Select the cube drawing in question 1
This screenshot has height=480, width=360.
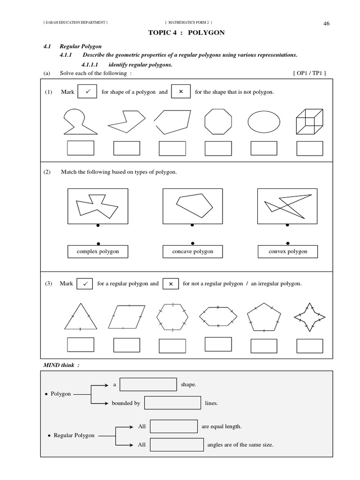point(309,122)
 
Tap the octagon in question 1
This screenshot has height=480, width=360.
point(218,122)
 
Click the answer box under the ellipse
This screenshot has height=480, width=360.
point(264,148)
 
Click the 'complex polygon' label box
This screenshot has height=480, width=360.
point(97,252)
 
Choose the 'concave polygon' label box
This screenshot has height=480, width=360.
point(192,252)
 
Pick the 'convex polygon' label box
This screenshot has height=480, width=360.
point(288,252)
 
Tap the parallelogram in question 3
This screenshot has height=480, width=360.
point(127,317)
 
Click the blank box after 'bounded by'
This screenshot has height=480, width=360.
point(172,403)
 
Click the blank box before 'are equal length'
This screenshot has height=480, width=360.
point(173,426)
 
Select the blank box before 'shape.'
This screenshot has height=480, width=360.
point(148,384)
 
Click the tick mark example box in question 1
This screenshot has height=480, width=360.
point(87,92)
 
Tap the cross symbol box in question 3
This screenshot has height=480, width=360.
point(171,284)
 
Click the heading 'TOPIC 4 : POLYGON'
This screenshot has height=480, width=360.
point(180,33)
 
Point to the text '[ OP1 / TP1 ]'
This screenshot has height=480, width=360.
point(308,73)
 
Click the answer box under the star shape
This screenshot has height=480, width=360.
point(310,345)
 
